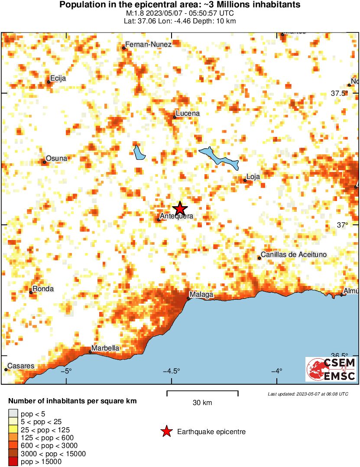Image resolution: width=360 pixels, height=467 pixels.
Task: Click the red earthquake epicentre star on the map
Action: click(x=180, y=208)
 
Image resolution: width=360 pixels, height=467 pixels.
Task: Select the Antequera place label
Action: click(x=176, y=216)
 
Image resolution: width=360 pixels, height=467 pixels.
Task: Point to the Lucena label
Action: click(x=188, y=114)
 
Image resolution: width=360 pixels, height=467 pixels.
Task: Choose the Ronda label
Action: click(x=44, y=289)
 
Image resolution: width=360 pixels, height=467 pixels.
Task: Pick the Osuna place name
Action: click(x=57, y=158)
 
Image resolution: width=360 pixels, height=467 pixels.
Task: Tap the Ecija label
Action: click(x=58, y=78)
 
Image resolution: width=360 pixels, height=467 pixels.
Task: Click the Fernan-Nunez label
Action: click(x=148, y=44)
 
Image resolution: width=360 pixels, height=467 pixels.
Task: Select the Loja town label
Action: click(x=253, y=177)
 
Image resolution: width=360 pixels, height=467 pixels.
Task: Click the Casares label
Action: click(x=21, y=366)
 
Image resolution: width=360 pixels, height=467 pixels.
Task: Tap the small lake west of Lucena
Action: click(x=139, y=152)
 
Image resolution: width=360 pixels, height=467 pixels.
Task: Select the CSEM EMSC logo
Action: click(x=331, y=369)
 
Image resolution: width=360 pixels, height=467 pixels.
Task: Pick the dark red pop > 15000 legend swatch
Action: click(x=13, y=462)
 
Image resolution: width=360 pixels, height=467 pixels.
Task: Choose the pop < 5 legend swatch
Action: click(x=13, y=414)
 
